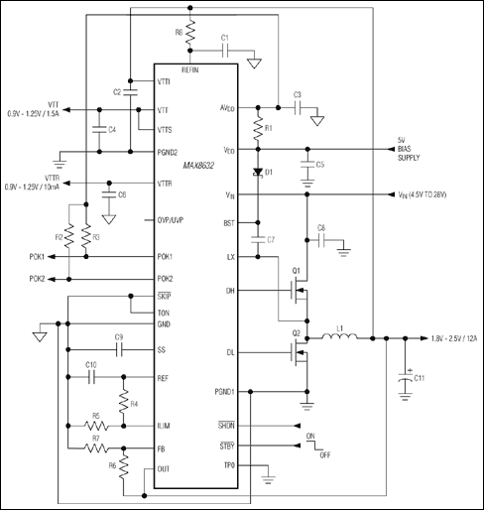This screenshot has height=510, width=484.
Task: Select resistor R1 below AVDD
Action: click(x=258, y=129)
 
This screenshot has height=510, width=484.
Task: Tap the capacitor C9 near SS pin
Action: click(x=119, y=349)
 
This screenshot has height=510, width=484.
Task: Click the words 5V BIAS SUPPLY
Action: click(x=407, y=150)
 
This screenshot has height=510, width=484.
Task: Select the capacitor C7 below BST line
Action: click(x=258, y=239)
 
